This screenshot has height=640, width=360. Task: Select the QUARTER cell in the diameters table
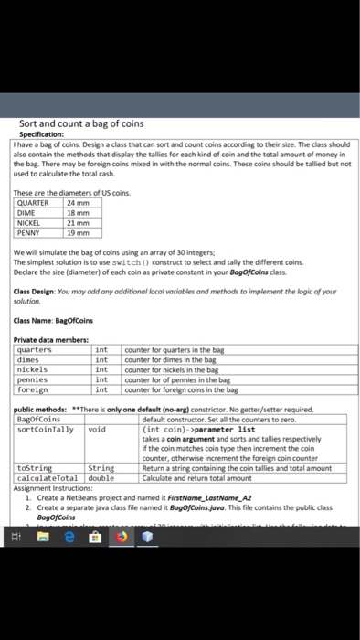tap(34, 203)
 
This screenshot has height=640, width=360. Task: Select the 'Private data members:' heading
tap(54, 340)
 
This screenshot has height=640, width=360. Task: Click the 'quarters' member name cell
tap(37, 349)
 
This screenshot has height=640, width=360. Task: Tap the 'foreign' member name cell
tap(34, 389)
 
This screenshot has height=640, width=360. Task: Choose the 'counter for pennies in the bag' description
tap(174, 379)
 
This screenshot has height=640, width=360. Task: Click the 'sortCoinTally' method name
tap(43, 428)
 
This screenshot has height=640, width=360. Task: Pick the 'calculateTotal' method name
tap(47, 476)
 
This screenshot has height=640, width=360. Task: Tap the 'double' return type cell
tap(101, 476)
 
